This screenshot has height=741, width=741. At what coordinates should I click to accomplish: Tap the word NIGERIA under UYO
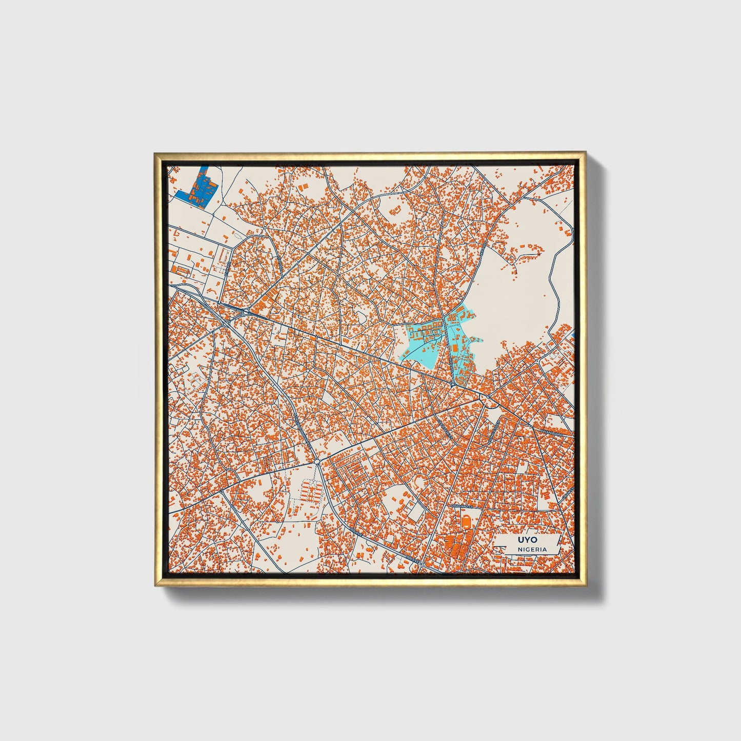[532, 549]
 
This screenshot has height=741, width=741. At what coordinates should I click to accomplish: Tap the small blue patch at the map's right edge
[572, 335]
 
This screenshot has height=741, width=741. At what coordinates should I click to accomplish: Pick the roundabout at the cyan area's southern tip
[454, 383]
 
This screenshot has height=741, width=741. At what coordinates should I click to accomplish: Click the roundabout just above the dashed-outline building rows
[318, 462]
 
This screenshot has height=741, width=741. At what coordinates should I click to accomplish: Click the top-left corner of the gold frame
[155, 153]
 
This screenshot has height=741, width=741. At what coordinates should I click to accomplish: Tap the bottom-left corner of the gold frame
[155, 585]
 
